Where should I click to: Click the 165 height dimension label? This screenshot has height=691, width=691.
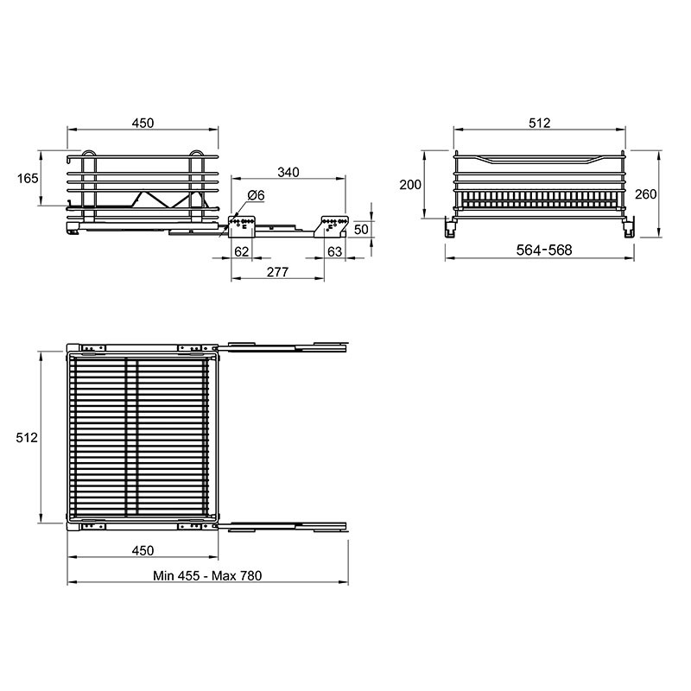tap(28, 179)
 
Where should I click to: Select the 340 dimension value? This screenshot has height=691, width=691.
tap(288, 172)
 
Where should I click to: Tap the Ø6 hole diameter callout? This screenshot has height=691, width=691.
tap(256, 195)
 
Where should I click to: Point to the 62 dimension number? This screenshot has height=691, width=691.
tap(242, 251)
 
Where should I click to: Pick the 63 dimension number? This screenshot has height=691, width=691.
tap(335, 251)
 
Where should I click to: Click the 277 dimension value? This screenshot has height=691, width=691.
tap(277, 272)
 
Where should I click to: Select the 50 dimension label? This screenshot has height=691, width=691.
tap(361, 229)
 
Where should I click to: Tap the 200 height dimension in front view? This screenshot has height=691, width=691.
tap(410, 185)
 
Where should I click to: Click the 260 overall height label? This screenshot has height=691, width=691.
tap(646, 193)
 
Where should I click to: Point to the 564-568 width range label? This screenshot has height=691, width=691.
tap(544, 250)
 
